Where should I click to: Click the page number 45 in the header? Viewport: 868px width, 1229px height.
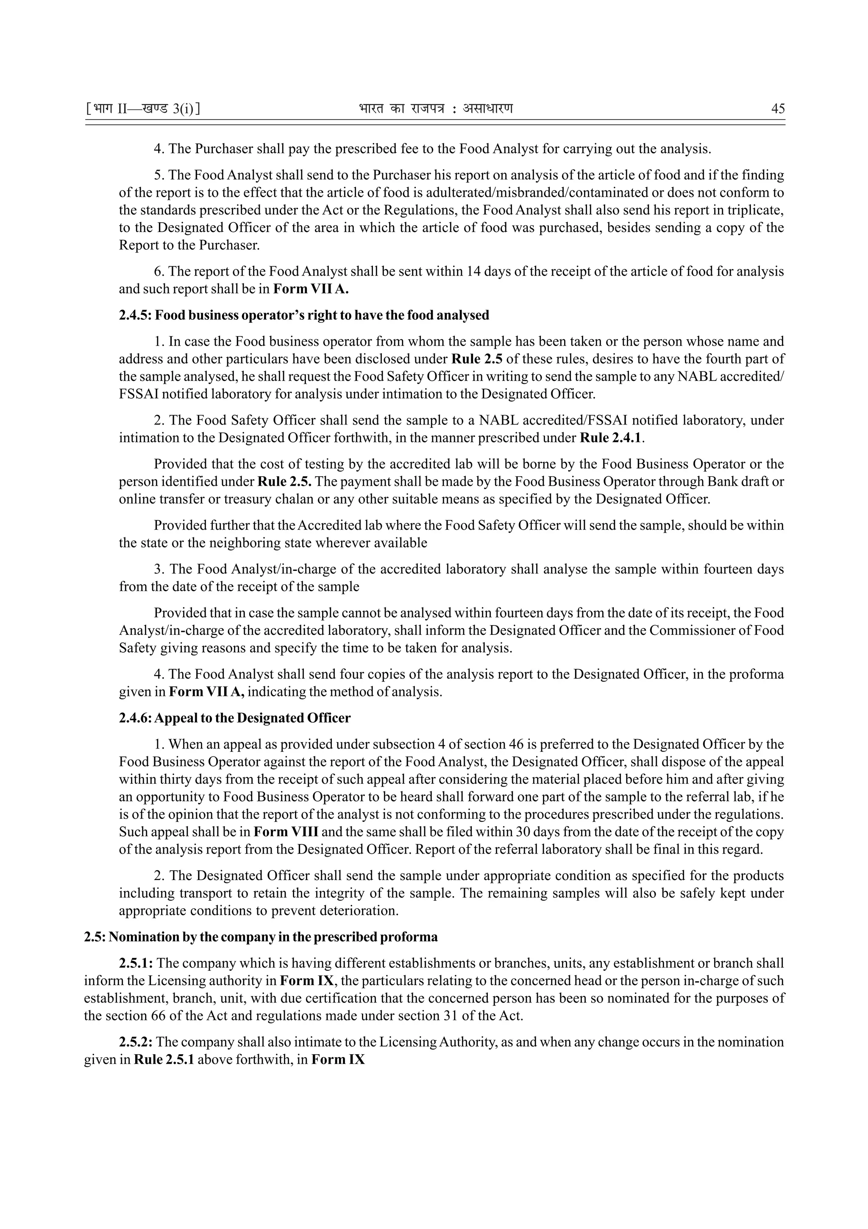pyautogui.click(x=778, y=109)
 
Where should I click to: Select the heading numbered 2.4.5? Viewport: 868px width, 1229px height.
pyautogui.click(x=304, y=315)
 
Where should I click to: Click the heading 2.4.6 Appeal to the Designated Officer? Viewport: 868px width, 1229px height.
pyautogui.click(x=235, y=718)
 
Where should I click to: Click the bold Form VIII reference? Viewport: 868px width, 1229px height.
pyautogui.click(x=286, y=832)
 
